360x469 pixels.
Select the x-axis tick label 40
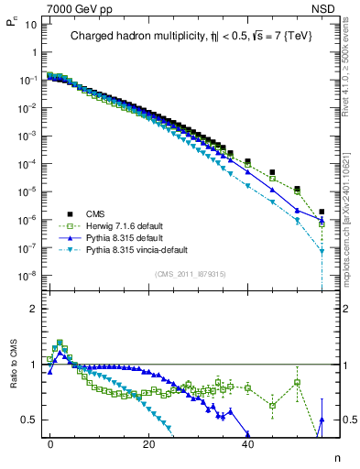click(247, 442)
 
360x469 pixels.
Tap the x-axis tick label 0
click(50, 442)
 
